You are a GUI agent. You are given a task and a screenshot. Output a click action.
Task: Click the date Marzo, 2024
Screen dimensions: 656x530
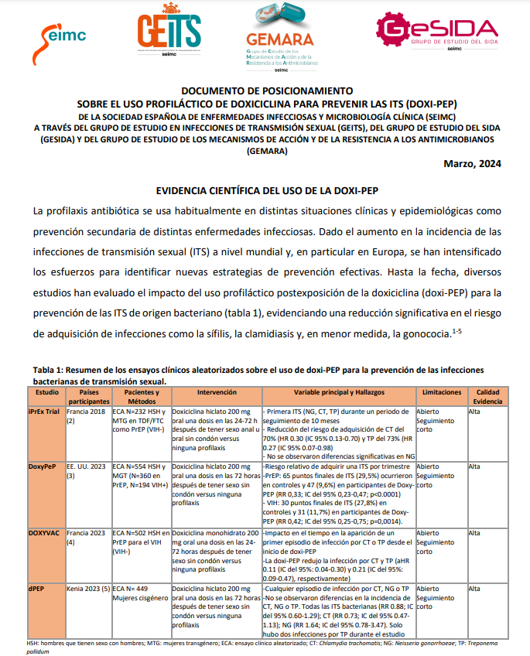[x=472, y=163]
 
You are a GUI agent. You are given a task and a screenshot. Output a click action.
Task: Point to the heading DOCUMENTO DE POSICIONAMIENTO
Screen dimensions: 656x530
[x=265, y=91]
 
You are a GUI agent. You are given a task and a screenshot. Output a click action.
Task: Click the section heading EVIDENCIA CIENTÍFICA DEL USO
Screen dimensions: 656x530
[x=265, y=190]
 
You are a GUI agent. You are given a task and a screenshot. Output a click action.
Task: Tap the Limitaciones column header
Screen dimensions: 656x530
[x=441, y=393]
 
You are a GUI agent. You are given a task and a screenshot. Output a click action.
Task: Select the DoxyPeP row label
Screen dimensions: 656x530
[x=43, y=466]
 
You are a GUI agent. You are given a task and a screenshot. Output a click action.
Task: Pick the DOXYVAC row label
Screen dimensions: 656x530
[x=45, y=534]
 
